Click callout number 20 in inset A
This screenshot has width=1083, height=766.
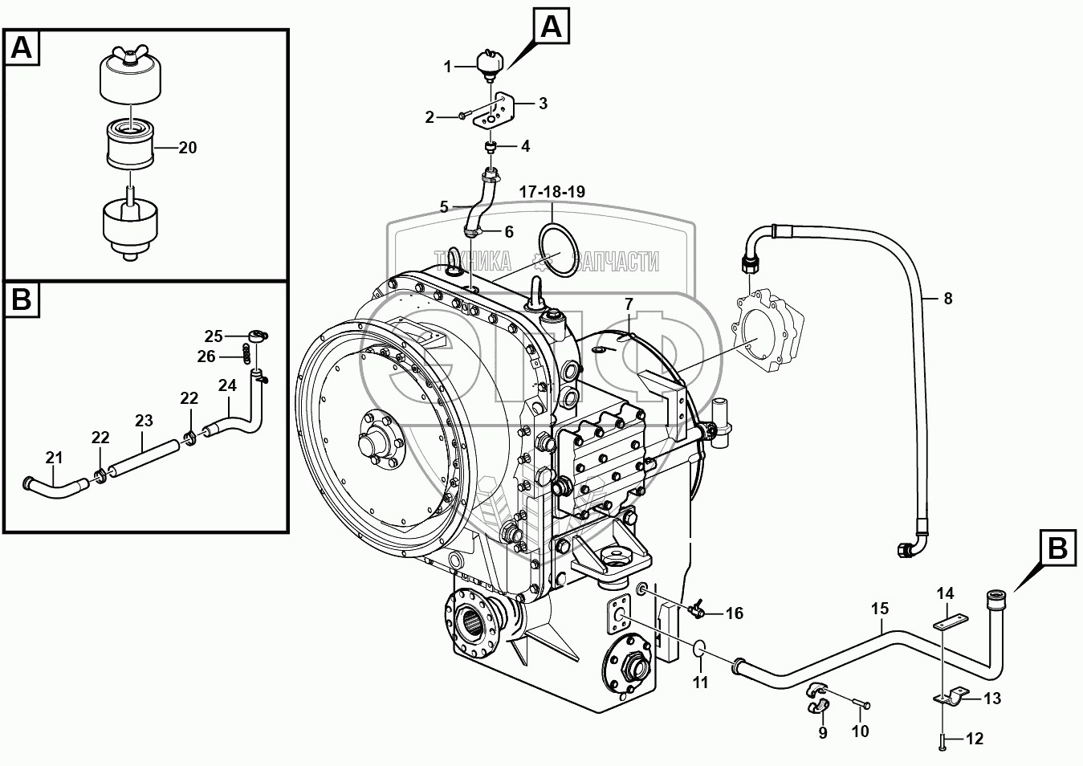[188, 148]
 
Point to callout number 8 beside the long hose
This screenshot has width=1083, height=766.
[948, 299]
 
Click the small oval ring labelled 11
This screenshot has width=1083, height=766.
[699, 648]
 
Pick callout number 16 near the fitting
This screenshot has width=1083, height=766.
[735, 614]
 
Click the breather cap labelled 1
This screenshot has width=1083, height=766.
[488, 62]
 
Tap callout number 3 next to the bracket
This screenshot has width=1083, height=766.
[544, 103]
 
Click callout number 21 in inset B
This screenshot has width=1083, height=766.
[53, 458]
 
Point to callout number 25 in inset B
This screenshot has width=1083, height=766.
[213, 336]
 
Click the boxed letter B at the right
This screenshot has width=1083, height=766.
[1057, 548]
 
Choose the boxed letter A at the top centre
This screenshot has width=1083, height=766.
[550, 28]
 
